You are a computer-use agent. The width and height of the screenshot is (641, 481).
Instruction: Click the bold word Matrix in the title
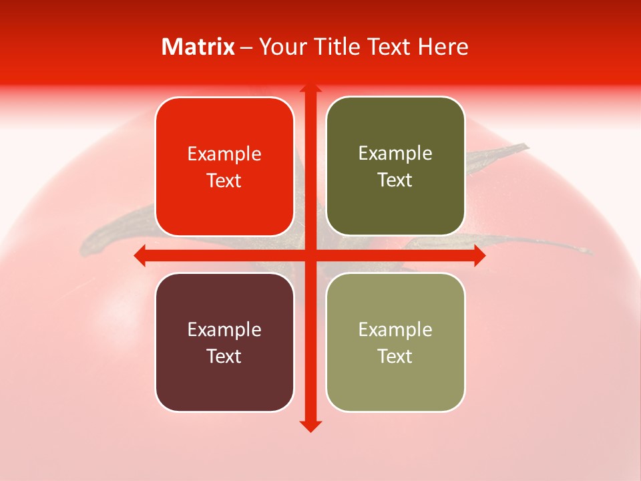click(x=198, y=47)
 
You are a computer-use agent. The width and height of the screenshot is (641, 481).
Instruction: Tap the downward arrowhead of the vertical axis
click(x=310, y=426)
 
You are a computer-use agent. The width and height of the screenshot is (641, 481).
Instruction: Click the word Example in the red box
click(x=224, y=154)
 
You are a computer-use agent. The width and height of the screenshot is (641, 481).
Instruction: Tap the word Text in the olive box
click(x=395, y=180)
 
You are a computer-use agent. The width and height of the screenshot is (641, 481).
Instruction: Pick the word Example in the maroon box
click(x=224, y=329)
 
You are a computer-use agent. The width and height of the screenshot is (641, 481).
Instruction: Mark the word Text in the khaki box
click(x=395, y=356)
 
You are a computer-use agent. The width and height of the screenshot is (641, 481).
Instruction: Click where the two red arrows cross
click(x=310, y=255)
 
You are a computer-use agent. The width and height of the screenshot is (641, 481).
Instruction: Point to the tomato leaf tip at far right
click(x=588, y=251)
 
